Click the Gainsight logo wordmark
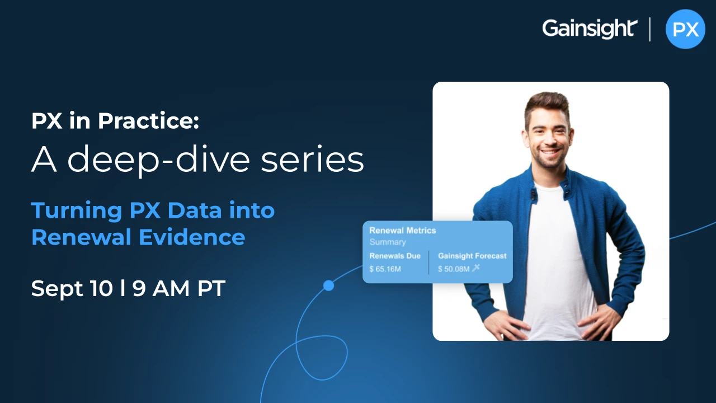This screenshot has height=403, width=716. click(590, 29)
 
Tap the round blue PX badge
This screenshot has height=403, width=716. click(685, 29)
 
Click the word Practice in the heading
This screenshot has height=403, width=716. click(148, 121)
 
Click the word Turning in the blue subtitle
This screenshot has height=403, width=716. click(77, 211)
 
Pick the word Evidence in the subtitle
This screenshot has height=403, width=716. click(192, 237)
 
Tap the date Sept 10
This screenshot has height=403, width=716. click(72, 288)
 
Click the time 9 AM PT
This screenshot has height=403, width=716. click(179, 288)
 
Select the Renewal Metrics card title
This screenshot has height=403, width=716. click(403, 231)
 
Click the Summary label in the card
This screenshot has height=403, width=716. click(388, 242)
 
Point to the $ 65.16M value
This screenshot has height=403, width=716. click(385, 269)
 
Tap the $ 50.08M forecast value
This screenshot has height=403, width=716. click(454, 269)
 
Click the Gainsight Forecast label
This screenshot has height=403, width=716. click(472, 256)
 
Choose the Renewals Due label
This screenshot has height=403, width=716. click(395, 256)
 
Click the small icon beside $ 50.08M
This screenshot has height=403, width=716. click(476, 268)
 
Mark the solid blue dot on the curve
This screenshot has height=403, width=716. click(328, 285)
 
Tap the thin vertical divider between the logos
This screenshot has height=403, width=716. click(650, 30)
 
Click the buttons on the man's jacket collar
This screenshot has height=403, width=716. click(533, 194)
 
